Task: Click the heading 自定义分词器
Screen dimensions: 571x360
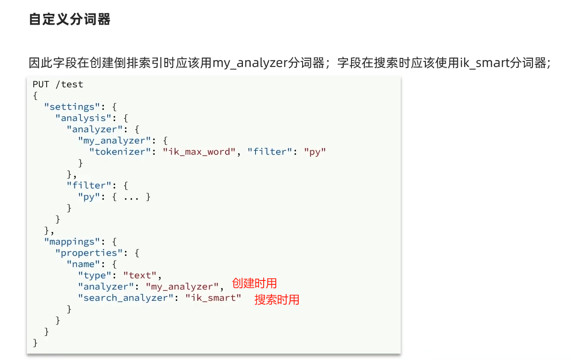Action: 70,19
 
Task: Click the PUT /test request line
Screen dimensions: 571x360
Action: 58,84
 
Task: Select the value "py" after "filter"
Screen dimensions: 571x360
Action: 315,152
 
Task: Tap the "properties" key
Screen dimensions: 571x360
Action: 89,253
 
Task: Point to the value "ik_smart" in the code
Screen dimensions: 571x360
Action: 213,298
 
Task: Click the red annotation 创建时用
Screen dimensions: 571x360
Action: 254,284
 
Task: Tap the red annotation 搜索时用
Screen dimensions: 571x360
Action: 277,299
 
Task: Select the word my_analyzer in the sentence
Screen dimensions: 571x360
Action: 250,63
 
